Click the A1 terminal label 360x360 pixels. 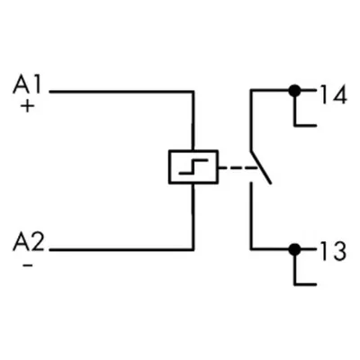(26, 85)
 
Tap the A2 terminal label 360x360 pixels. (28, 242)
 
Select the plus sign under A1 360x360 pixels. (27, 106)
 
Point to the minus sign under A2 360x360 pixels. (28, 265)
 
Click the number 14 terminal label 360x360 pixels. (334, 94)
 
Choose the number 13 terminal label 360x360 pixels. (333, 250)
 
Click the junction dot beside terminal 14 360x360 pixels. (294, 90)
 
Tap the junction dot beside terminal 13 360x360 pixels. (294, 249)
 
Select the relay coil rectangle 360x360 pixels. (193, 150)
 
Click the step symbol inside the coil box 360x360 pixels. (193, 166)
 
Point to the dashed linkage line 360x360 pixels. (238, 167)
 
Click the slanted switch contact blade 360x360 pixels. (261, 166)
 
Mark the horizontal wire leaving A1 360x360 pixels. (121, 91)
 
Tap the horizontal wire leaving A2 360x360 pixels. (121, 249)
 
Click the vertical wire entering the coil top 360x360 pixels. (193, 120)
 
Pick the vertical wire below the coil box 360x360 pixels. (193, 216)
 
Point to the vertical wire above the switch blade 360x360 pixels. (251, 120)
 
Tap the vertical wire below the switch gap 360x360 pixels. (251, 216)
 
